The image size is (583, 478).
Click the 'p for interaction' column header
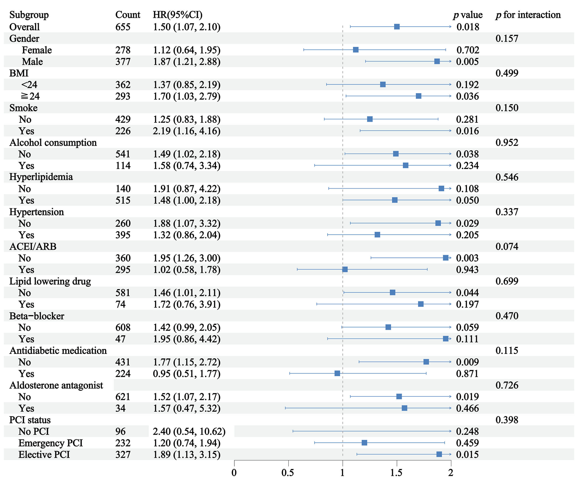[x=528, y=15]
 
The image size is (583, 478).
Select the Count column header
[x=128, y=15]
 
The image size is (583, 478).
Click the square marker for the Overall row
[x=397, y=27]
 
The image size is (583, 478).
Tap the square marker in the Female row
[x=356, y=50]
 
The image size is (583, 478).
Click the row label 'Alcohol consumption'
[x=53, y=142]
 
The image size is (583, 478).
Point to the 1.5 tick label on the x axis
[x=396, y=472]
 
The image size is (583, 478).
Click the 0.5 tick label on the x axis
[x=288, y=472]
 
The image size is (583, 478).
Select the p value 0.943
[x=468, y=270]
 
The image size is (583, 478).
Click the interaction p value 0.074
[x=507, y=246]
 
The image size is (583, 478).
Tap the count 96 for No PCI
[x=121, y=431]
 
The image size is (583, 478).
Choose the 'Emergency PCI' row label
[x=51, y=443]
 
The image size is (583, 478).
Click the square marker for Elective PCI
[x=439, y=454]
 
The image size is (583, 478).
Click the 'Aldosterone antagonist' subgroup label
[x=56, y=385]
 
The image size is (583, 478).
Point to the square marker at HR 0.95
[x=337, y=373]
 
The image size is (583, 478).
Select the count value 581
[x=123, y=293]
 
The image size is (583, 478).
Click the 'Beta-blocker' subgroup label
[x=37, y=316]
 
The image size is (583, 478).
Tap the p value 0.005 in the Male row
[x=468, y=61]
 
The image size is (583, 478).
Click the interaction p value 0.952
[x=507, y=142]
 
